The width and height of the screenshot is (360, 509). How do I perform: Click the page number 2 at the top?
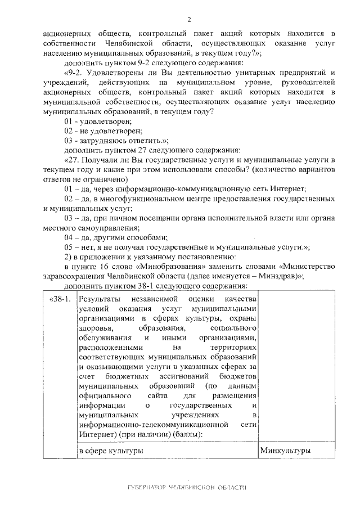tap(189, 20)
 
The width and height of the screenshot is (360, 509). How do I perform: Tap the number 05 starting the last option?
tap(69, 247)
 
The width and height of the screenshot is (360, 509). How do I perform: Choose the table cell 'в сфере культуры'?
tap(110, 451)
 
